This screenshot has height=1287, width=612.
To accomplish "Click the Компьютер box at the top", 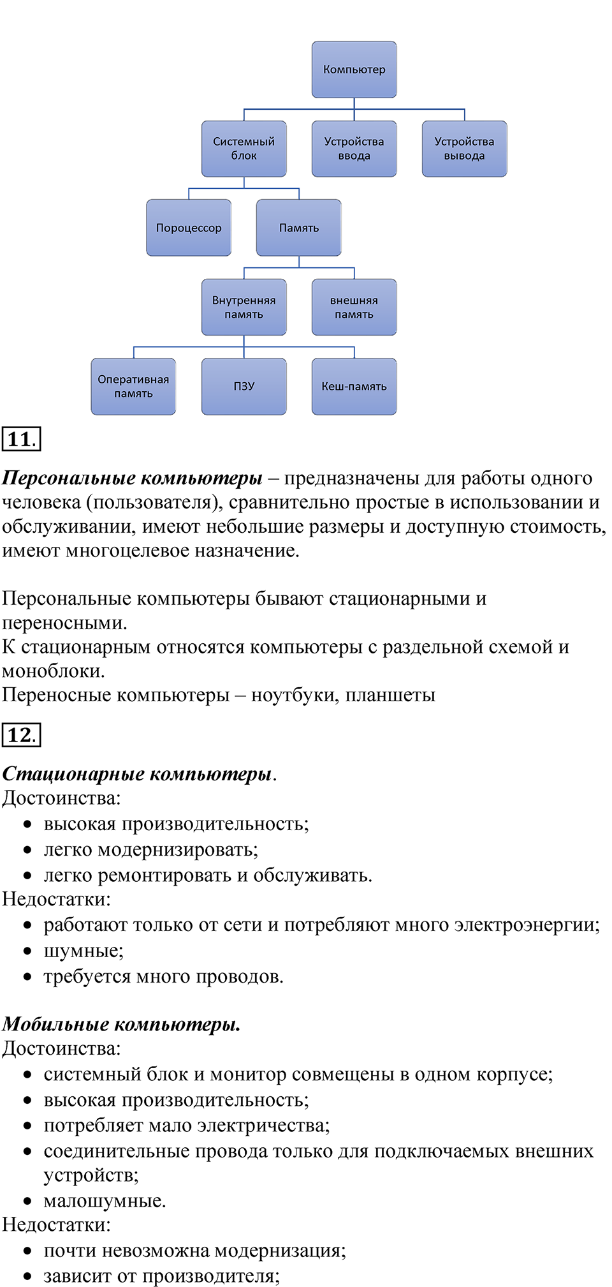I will click(x=354, y=70).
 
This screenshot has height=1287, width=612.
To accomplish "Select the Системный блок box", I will click(x=244, y=149).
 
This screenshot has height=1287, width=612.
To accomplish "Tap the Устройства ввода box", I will click(x=354, y=149).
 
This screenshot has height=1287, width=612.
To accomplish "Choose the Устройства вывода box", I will click(x=464, y=149).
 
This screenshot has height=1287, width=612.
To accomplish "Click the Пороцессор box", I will click(x=189, y=228).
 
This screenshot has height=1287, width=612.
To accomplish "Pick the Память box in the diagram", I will click(x=298, y=228).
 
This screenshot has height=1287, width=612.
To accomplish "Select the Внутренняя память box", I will click(x=244, y=307).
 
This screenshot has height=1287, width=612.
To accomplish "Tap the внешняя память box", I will click(x=354, y=307).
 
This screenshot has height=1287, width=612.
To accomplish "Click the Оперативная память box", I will click(x=133, y=386).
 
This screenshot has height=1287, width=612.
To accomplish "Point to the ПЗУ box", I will click(x=244, y=386).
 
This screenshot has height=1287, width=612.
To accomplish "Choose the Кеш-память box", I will click(x=354, y=386).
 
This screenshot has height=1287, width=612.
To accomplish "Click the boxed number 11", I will click(x=21, y=439).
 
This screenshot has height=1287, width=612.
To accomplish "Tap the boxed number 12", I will click(x=21, y=734).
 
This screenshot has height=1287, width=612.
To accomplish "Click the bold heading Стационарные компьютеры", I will click(x=137, y=773).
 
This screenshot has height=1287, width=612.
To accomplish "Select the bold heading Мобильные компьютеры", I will click(x=121, y=1023).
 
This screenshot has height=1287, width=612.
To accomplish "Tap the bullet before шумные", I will click(x=27, y=951).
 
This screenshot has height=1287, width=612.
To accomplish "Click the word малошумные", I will click(x=104, y=1200).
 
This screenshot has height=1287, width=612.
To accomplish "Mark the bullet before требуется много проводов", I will click(x=27, y=976).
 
